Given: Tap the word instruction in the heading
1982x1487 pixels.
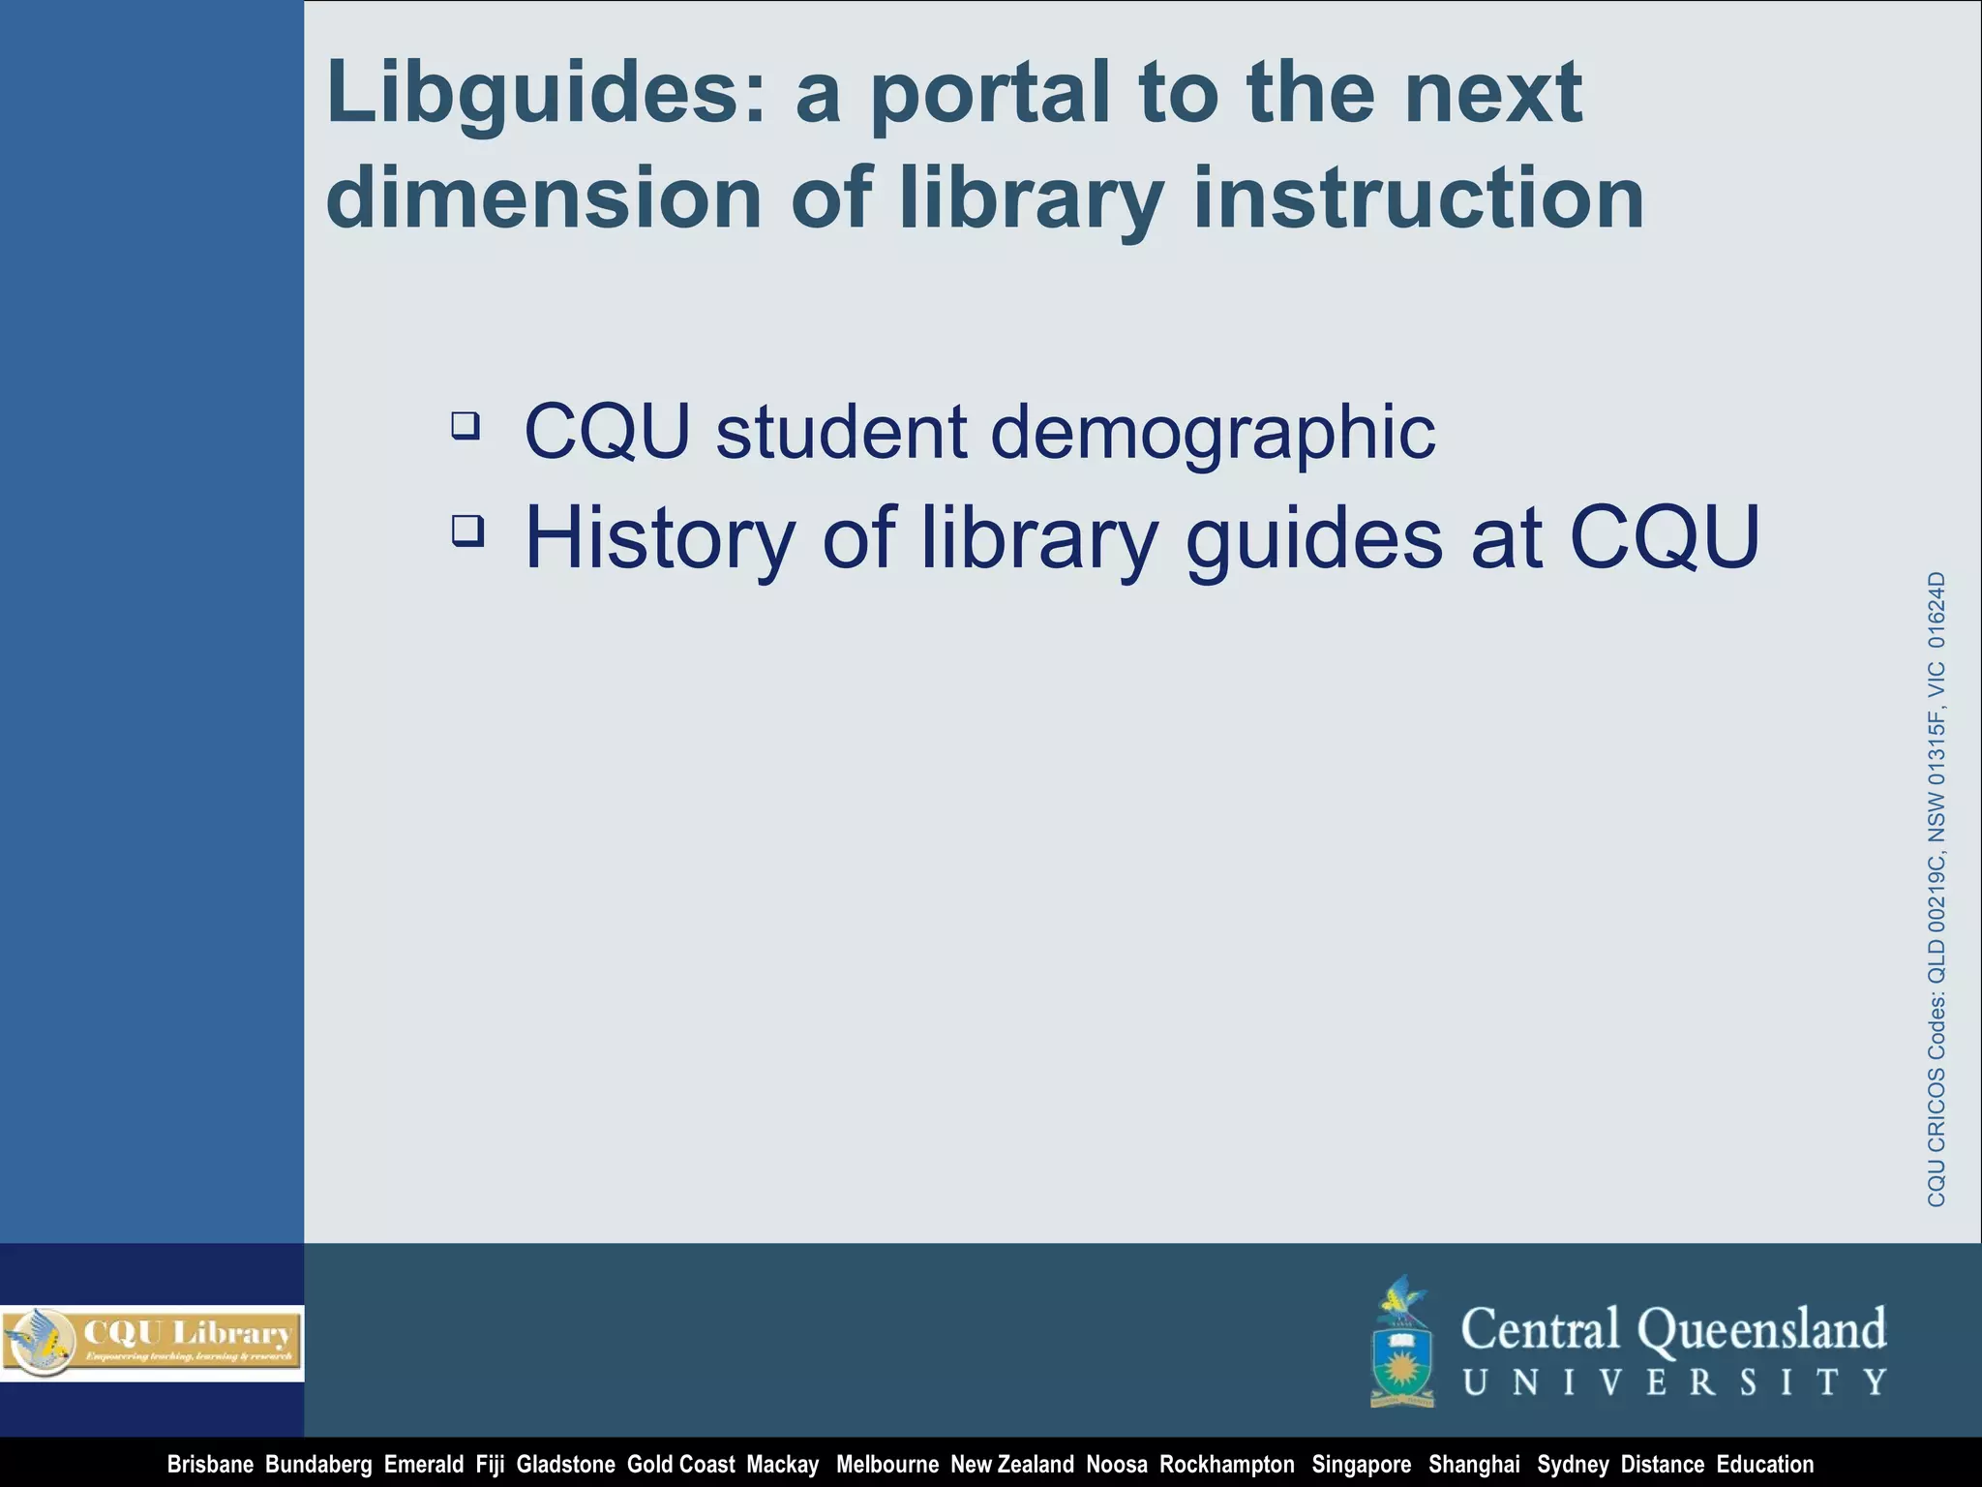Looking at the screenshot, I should [1418, 198].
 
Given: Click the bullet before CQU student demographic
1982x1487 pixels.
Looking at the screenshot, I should [465, 425].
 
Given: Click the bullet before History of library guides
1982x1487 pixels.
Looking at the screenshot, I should [467, 531].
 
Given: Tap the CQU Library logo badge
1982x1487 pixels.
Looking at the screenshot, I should [152, 1342].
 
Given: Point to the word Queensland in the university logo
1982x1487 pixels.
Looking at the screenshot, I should [1761, 1329].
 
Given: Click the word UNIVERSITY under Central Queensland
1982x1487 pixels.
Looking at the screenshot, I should [1674, 1381].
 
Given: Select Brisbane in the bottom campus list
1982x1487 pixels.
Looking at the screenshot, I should [210, 1465].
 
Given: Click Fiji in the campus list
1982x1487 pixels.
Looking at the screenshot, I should [490, 1465].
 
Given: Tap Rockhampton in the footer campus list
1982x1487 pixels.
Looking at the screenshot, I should [1226, 1465].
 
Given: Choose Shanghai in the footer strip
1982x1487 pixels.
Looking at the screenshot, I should [1474, 1465].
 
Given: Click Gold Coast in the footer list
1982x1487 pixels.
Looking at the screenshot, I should [680, 1465].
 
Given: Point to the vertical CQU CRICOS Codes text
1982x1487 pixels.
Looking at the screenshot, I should [1936, 889].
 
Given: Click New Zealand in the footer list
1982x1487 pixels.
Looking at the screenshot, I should [1011, 1465].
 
